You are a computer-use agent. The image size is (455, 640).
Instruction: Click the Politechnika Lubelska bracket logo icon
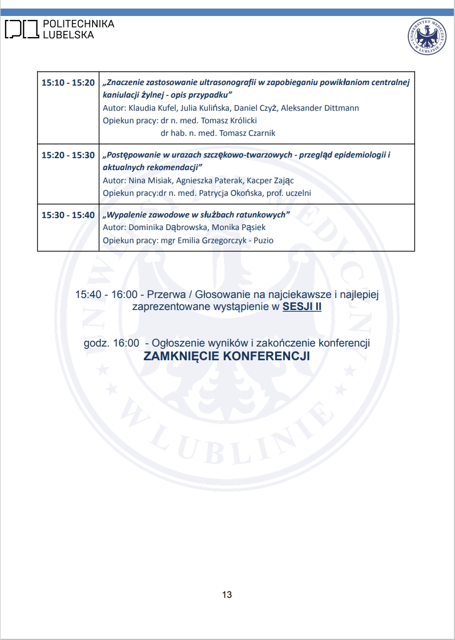tap(22, 29)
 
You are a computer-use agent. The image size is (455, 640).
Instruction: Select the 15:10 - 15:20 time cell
tap(68, 83)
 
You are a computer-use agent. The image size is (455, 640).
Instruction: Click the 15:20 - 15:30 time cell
tap(68, 155)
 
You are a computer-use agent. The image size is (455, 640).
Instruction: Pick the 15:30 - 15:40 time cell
tap(68, 215)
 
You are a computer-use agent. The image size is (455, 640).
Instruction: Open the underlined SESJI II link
tap(302, 307)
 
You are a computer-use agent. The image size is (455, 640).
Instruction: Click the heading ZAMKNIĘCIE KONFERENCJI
tap(227, 356)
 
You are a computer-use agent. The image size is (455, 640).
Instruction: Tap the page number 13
tap(227, 595)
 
